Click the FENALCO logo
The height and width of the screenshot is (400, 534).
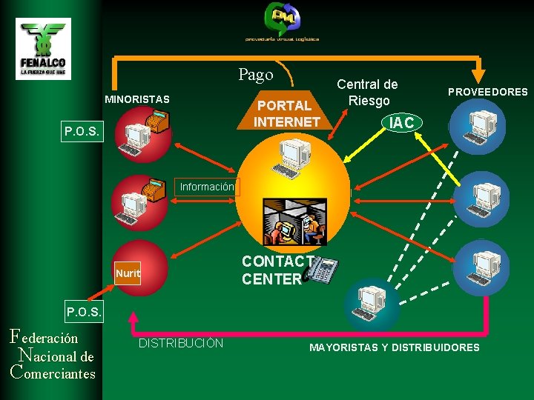click(43, 48)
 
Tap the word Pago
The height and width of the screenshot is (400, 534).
click(256, 75)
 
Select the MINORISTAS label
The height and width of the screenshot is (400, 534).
click(136, 99)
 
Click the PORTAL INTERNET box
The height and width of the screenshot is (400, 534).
click(288, 113)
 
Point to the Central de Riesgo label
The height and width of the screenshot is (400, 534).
click(367, 92)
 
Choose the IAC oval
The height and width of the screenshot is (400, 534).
click(401, 123)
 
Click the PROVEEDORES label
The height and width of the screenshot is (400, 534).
click(487, 92)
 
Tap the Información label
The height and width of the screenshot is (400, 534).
click(207, 187)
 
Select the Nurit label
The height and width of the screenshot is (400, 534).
click(128, 273)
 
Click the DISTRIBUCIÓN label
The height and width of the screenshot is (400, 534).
click(181, 344)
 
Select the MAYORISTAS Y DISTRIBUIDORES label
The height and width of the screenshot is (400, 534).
click(394, 347)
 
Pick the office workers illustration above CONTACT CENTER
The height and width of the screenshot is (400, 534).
click(294, 221)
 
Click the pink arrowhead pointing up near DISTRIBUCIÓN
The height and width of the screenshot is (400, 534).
click(134, 319)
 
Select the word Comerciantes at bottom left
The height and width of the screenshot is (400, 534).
click(53, 373)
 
